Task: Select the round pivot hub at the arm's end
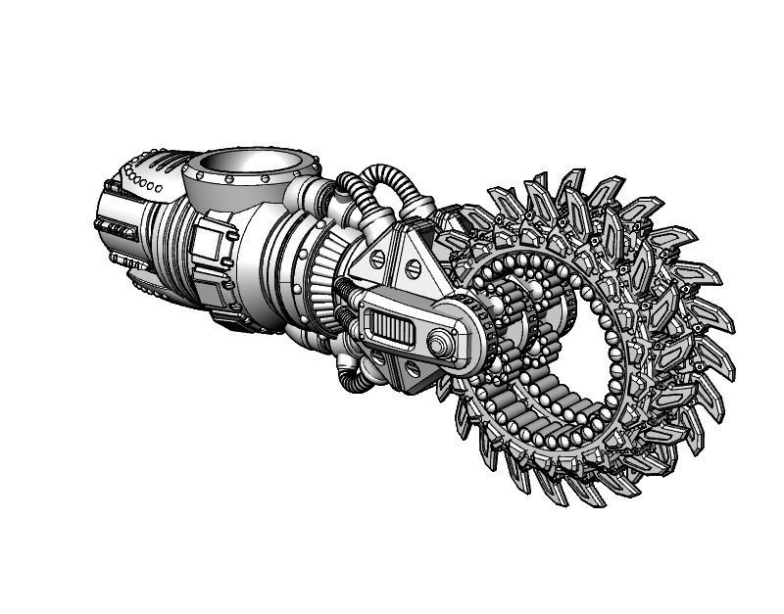(440, 342)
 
